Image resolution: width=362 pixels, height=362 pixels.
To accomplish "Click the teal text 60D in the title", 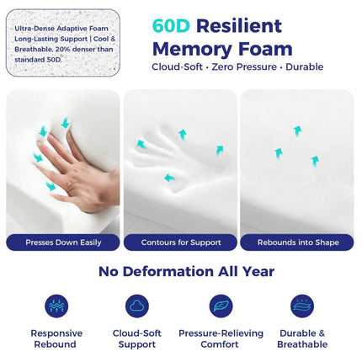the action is click(x=171, y=26).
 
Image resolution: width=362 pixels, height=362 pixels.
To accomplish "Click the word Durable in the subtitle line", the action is click(x=305, y=67).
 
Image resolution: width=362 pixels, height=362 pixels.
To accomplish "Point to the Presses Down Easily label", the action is click(x=63, y=242).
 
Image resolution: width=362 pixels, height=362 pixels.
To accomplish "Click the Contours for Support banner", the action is click(x=180, y=242).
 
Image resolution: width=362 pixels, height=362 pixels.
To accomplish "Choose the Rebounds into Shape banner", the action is click(x=297, y=242).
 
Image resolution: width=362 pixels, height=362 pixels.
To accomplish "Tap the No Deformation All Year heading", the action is click(x=186, y=271).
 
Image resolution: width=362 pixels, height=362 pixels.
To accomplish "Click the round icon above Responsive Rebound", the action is click(x=56, y=306).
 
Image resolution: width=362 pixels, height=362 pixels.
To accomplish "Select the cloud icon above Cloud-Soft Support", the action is click(x=137, y=306).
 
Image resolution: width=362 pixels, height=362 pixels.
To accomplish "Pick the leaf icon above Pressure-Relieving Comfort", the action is click(x=221, y=306).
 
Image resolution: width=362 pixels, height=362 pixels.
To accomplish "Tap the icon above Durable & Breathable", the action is click(x=302, y=306).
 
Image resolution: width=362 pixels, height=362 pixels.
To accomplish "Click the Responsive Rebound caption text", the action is click(x=56, y=338).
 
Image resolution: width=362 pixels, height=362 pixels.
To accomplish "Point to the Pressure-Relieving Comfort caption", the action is click(x=221, y=338).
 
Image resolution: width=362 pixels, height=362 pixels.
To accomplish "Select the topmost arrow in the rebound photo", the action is click(x=297, y=131).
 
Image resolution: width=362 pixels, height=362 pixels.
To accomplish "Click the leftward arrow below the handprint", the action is click(x=169, y=178).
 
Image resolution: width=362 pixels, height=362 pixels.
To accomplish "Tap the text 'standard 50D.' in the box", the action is click(x=38, y=60).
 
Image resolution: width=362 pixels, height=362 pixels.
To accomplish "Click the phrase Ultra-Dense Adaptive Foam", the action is click(x=61, y=29).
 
